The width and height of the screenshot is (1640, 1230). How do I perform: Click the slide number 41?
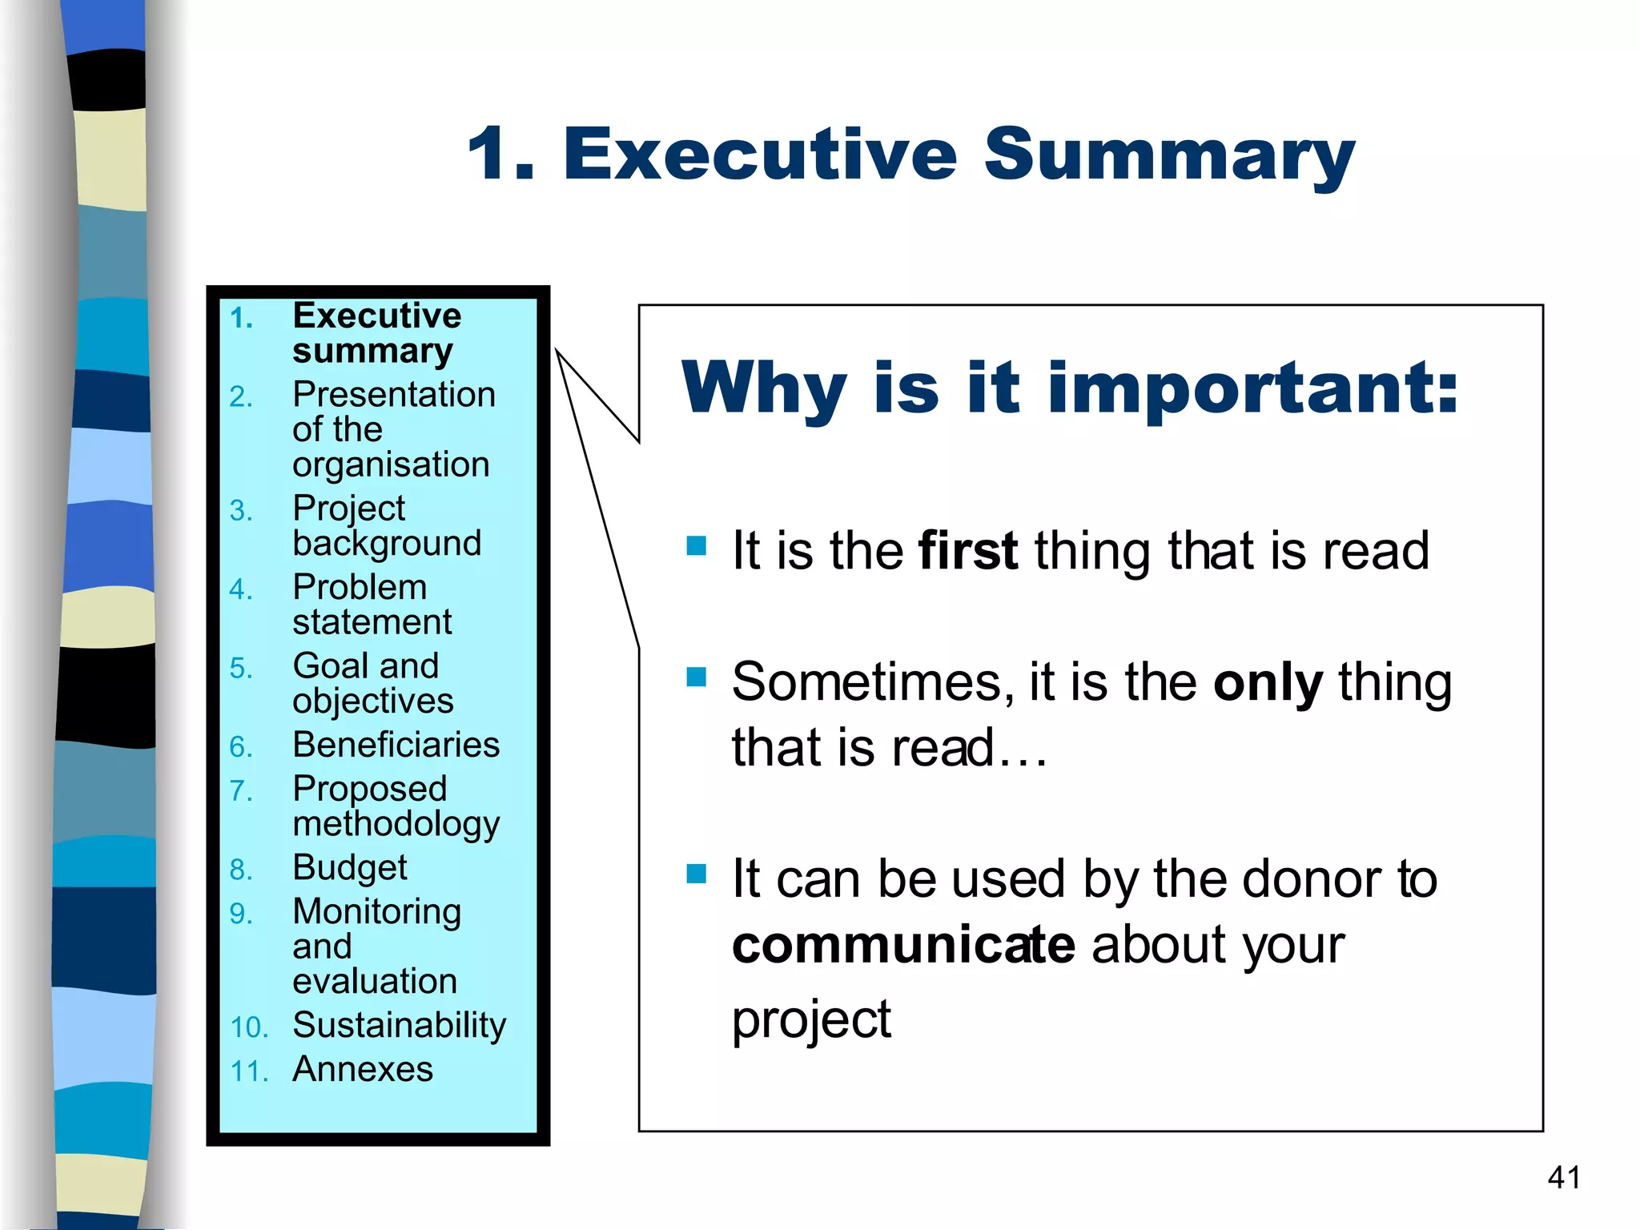tap(1564, 1177)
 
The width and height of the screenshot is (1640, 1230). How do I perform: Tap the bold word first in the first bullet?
tap(968, 551)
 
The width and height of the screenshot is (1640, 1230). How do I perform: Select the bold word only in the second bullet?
tap(1268, 683)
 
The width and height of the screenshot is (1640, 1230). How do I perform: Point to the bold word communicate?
tap(902, 945)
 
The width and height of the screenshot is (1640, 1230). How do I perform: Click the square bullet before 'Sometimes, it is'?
tap(697, 677)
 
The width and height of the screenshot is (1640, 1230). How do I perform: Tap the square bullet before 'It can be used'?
tap(697, 873)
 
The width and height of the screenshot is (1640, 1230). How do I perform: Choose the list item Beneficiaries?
tap(396, 745)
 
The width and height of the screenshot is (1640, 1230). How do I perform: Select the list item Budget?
tap(350, 868)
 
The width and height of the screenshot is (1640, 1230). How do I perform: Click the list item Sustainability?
tap(399, 1025)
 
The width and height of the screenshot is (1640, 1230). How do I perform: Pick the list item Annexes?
tap(363, 1069)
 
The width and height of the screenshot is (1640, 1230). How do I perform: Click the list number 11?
tap(248, 1071)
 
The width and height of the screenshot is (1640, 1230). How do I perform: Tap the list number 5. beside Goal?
tap(240, 668)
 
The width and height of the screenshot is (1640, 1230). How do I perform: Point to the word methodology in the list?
tap(396, 825)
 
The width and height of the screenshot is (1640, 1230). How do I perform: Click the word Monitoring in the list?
tap(376, 911)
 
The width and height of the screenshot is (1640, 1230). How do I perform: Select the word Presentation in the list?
tap(394, 395)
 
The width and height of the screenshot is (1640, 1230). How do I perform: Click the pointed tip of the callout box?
tap(558, 353)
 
